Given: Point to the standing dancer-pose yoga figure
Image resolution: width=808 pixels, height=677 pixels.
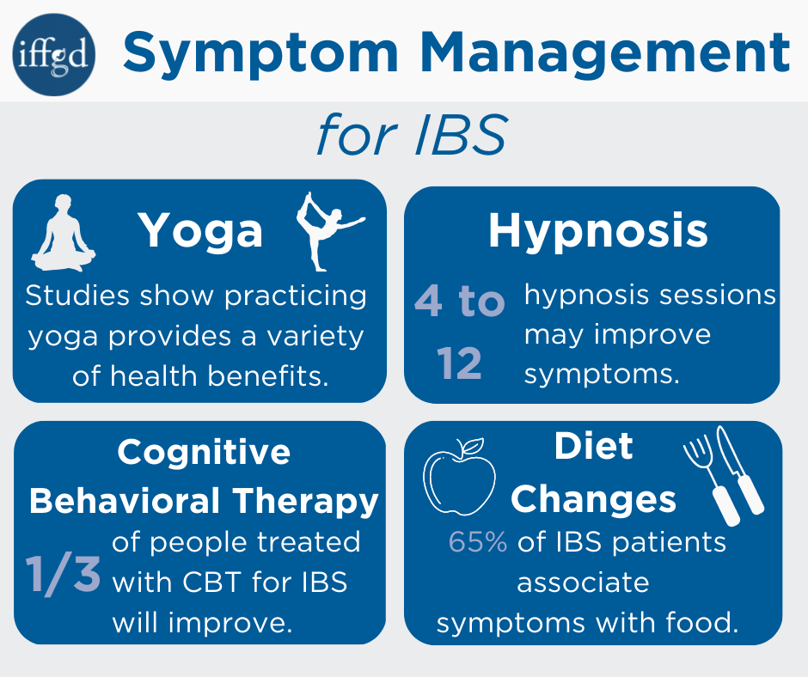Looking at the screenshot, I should (x=327, y=229).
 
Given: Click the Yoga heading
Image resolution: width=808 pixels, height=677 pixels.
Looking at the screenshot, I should (x=200, y=230).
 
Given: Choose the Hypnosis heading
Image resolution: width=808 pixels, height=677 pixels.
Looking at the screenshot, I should (x=598, y=229).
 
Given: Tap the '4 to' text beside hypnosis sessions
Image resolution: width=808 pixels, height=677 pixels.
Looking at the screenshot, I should (x=460, y=302).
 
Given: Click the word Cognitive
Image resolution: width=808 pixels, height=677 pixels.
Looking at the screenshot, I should (x=204, y=452).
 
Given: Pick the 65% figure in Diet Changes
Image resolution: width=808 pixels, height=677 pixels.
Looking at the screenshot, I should (x=478, y=543).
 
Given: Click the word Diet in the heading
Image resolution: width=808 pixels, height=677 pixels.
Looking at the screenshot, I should (x=594, y=447).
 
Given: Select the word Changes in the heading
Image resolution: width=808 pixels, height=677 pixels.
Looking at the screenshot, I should (x=594, y=499).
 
